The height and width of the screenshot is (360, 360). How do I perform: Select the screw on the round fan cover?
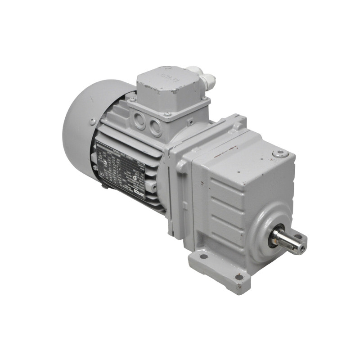92,121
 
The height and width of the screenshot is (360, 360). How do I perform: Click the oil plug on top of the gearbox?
279,154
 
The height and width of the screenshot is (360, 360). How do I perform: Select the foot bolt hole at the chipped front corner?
238,276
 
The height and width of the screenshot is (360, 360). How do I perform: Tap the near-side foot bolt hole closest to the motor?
203,256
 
